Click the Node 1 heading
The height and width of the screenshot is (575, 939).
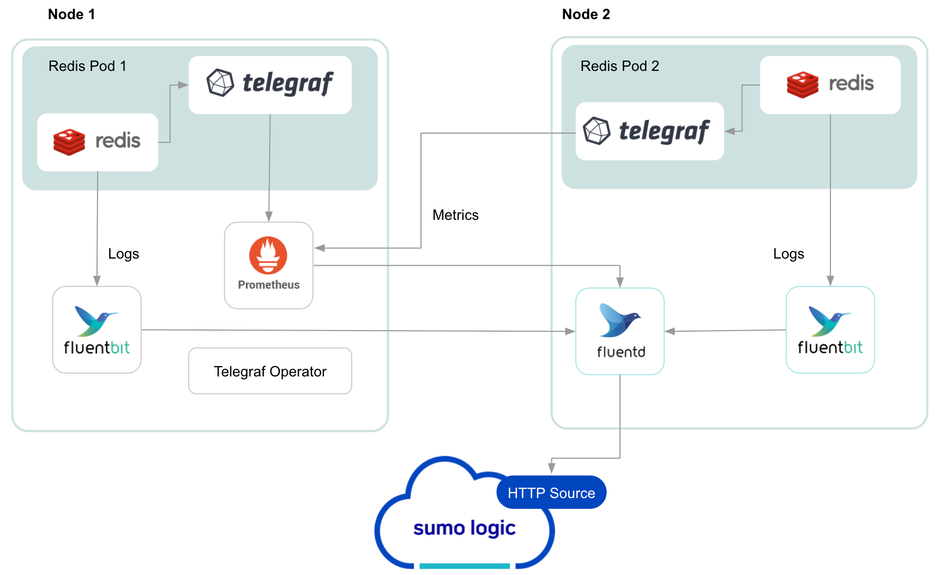click(x=71, y=15)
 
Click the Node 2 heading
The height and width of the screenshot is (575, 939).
click(x=586, y=15)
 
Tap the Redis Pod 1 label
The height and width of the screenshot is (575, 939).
click(x=87, y=66)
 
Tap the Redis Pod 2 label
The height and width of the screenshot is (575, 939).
click(x=619, y=66)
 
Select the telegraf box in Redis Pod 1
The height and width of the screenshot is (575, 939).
click(x=270, y=85)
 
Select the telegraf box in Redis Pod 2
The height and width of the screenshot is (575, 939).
click(x=649, y=131)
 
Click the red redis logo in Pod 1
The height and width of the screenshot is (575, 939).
click(x=69, y=142)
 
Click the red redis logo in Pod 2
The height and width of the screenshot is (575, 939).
click(x=802, y=85)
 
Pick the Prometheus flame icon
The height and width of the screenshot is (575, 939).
click(x=268, y=255)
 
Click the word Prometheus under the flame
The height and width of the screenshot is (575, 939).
click(x=269, y=285)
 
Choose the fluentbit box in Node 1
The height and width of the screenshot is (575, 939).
click(x=97, y=330)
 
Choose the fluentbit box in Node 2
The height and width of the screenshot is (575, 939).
click(x=830, y=330)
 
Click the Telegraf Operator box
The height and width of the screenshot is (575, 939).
click(x=270, y=371)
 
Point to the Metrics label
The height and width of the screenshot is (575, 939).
click(x=455, y=215)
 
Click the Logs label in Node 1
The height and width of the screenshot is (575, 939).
click(x=123, y=254)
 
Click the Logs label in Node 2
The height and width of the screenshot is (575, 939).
click(x=788, y=254)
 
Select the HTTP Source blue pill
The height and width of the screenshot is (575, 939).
click(x=551, y=493)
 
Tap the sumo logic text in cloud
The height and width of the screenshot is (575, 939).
click(x=464, y=528)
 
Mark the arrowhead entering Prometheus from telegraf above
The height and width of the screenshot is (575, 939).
click(x=269, y=217)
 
